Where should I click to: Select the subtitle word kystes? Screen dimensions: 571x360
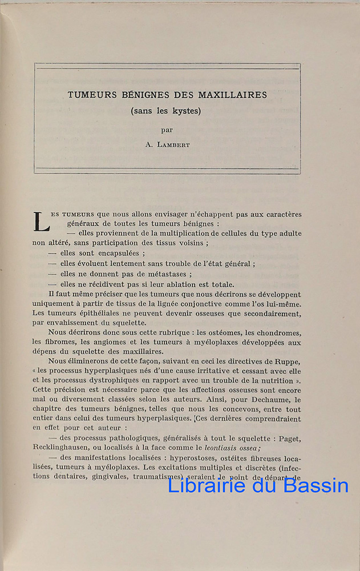[x=185, y=111]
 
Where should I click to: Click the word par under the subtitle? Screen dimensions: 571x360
[x=167, y=130]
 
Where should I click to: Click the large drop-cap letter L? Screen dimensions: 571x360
[x=41, y=222]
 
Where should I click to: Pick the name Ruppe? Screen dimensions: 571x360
[x=288, y=361]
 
